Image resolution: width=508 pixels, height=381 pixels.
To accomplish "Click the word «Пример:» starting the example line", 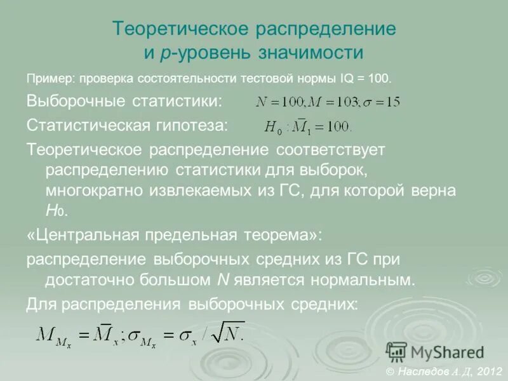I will pyautogui.click(x=50, y=79).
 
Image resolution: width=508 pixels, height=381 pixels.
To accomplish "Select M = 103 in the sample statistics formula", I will pyautogui.click(x=335, y=102).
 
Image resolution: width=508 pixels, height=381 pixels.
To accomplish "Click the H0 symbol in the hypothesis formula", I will pyautogui.click(x=273, y=127).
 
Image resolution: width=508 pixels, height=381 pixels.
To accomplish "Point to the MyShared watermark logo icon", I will pyautogui.click(x=397, y=352).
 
